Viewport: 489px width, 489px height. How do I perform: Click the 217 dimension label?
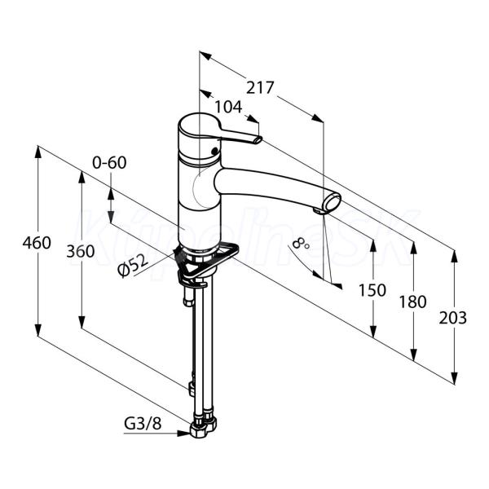[x=260, y=88]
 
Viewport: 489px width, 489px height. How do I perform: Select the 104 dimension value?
[x=228, y=108]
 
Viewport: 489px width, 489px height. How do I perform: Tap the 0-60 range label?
[x=109, y=162]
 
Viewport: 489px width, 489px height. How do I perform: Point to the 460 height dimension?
[x=37, y=243]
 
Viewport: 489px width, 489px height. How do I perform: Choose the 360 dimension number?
[x=80, y=251]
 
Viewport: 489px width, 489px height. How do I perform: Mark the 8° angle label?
[x=302, y=242]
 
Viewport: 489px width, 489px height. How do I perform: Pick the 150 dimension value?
[x=372, y=290]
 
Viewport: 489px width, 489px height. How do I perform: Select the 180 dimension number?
[x=412, y=302]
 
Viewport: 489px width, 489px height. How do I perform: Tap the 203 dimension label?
[x=453, y=318]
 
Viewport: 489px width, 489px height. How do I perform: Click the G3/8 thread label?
[x=143, y=424]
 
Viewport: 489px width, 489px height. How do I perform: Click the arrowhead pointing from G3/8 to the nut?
[x=183, y=434]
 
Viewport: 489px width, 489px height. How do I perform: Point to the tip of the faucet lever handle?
[x=258, y=140]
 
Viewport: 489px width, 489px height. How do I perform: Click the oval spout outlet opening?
[x=333, y=203]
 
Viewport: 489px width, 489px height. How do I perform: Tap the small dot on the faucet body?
[x=214, y=151]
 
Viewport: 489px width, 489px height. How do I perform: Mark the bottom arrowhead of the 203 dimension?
[x=455, y=377]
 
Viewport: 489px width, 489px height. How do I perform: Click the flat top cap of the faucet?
[x=200, y=124]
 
